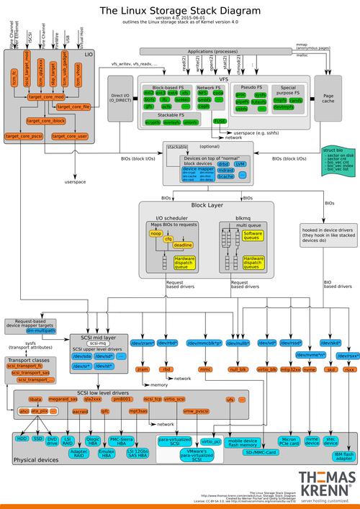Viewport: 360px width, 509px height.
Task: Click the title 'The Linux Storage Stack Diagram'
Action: [x=179, y=10]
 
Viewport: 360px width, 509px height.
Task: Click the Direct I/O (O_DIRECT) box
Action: [x=120, y=99]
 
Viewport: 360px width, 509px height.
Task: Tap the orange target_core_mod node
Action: [x=46, y=96]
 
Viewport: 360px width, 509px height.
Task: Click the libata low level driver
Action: [x=35, y=398]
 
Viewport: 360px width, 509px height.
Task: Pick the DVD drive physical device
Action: [x=52, y=441]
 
